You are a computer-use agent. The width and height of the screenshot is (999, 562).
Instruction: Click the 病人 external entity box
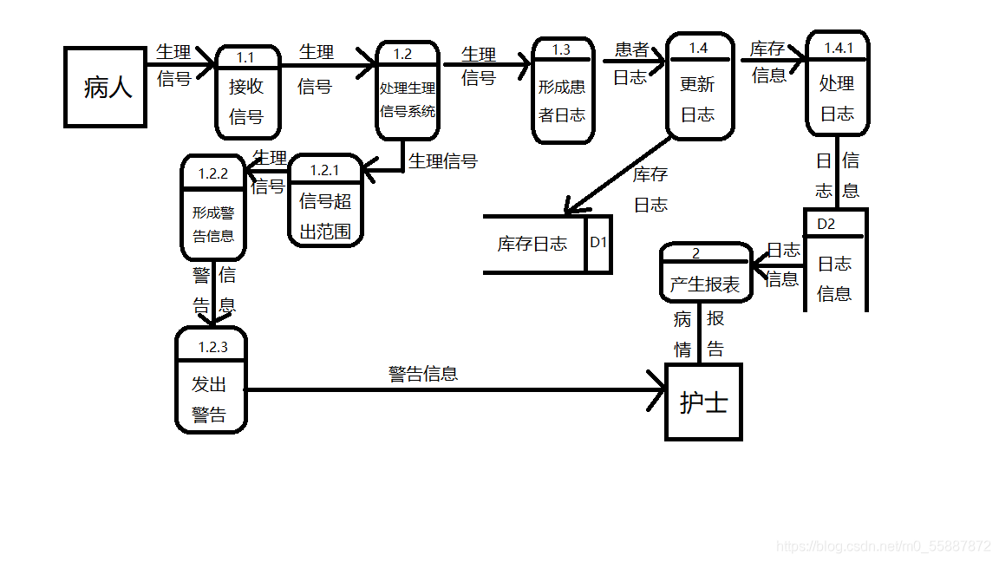point(105,87)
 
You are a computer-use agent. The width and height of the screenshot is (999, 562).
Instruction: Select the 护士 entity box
point(703,402)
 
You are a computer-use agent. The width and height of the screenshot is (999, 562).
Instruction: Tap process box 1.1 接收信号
point(247,92)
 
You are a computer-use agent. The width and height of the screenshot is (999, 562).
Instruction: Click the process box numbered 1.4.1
point(837,84)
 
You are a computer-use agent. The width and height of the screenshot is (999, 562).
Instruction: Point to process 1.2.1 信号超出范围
point(324,202)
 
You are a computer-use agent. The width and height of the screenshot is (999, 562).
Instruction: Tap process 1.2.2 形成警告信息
point(212,208)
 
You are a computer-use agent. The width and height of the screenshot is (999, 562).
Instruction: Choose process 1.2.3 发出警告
point(211,380)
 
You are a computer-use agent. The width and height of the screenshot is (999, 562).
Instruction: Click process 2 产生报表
point(704,273)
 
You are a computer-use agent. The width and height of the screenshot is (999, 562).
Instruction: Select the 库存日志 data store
point(532,244)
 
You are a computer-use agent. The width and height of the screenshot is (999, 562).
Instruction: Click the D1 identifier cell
point(598,244)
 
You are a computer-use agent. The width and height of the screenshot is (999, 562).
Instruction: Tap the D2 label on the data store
point(827,224)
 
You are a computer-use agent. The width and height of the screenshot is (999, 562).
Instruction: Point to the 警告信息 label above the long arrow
point(423,374)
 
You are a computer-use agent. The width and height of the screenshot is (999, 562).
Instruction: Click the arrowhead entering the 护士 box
point(657,389)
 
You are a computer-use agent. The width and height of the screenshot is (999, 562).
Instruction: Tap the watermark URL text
point(883,546)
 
